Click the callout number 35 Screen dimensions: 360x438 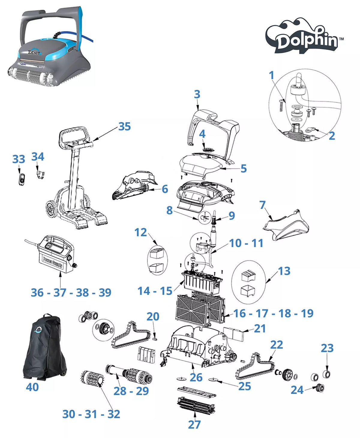(124, 126)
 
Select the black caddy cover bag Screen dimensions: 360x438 (44, 347)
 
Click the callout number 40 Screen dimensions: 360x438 (32, 387)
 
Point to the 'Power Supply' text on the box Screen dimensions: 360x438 (52, 262)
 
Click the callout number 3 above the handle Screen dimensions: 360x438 (197, 94)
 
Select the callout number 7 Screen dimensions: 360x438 (262, 205)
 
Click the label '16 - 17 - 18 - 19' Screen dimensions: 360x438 (273, 313)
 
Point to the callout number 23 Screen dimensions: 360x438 (327, 348)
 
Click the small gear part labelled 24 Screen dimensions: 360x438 (320, 388)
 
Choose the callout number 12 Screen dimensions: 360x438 (140, 232)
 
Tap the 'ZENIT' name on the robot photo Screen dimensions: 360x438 (34, 53)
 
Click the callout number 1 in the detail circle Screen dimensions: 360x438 (271, 75)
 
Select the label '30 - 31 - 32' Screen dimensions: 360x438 (91, 414)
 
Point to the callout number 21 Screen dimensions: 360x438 (260, 328)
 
